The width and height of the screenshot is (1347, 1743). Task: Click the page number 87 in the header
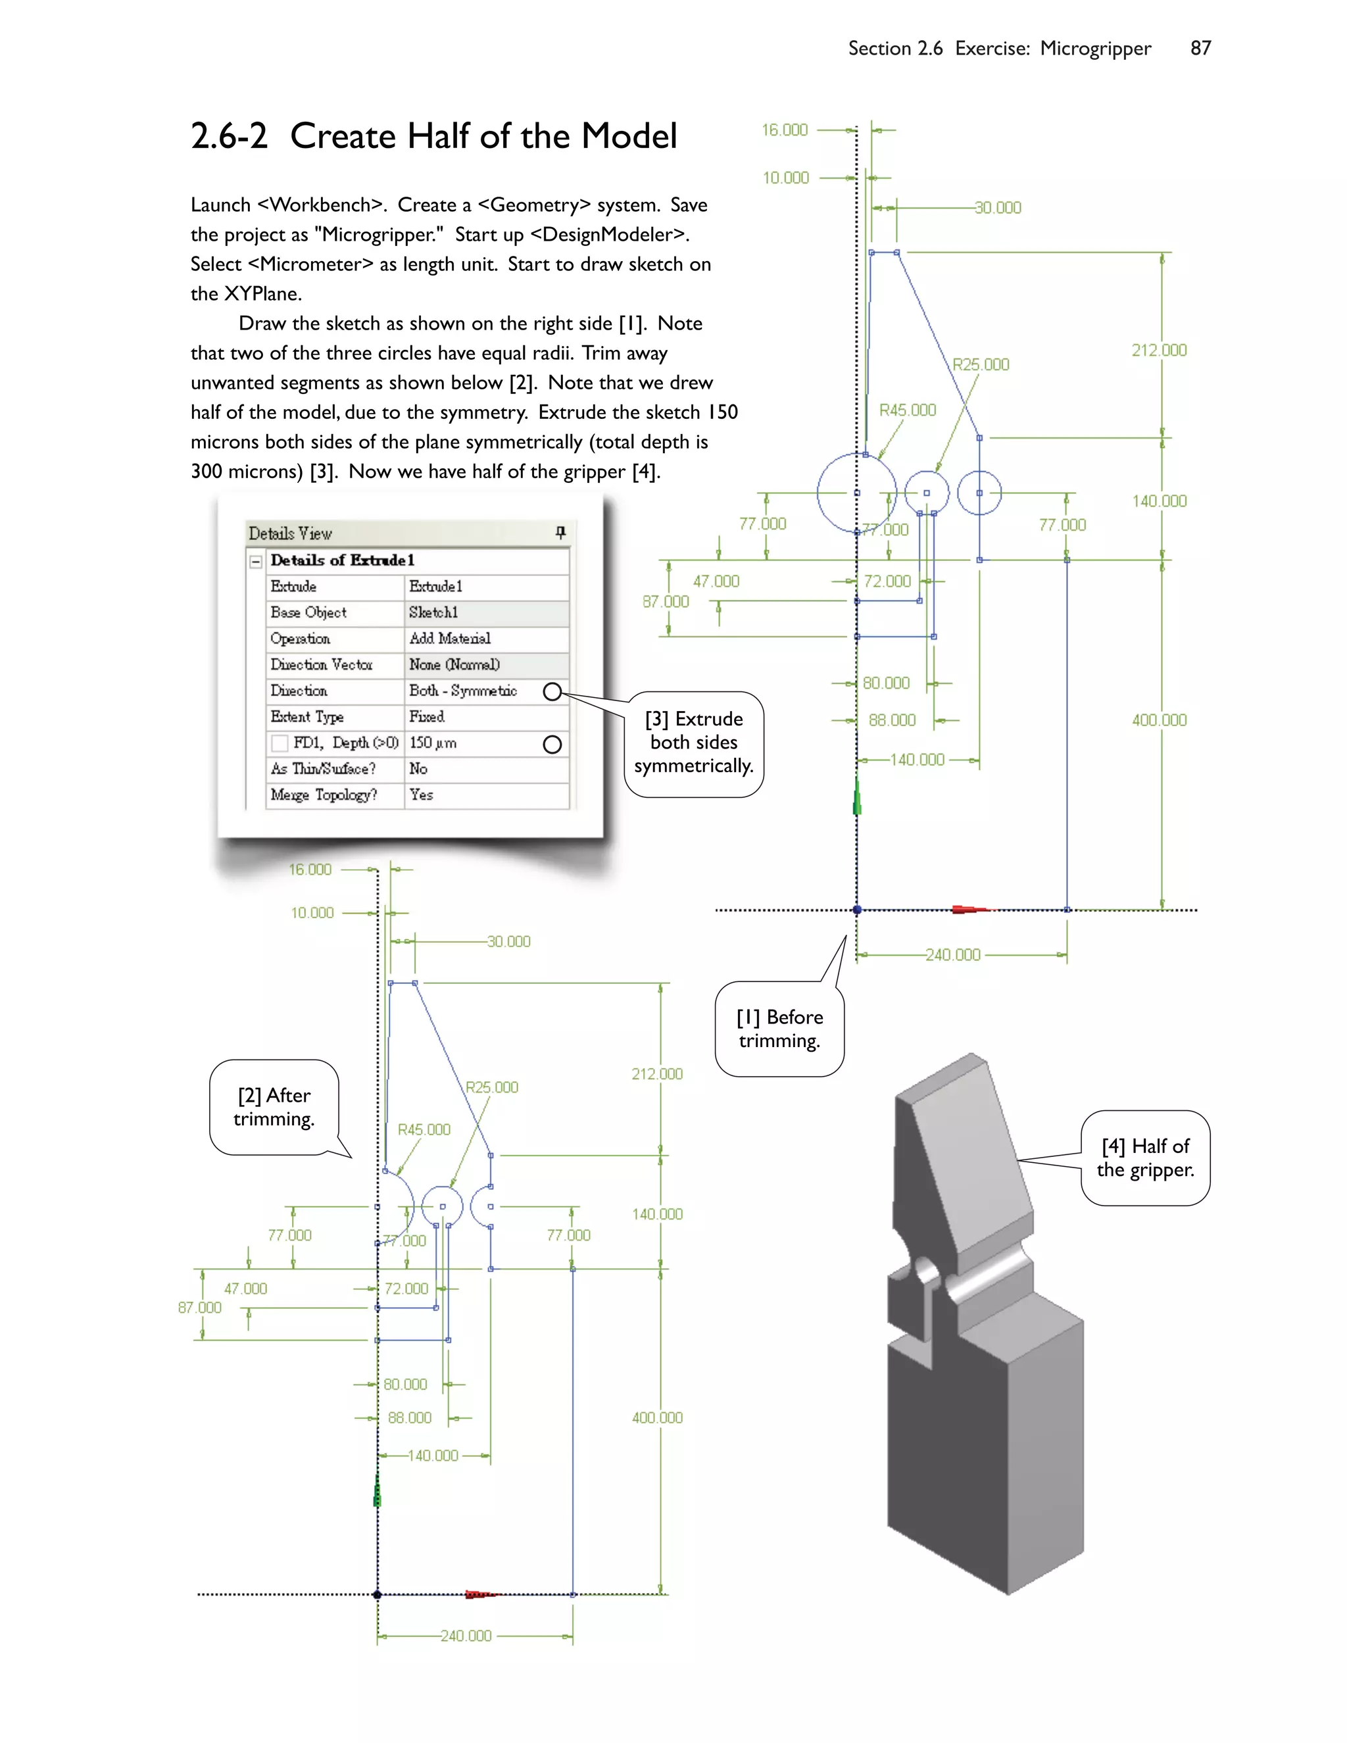click(1200, 49)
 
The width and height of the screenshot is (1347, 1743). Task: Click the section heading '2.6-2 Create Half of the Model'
click(433, 136)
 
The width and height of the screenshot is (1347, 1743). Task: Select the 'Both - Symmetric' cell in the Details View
click(463, 691)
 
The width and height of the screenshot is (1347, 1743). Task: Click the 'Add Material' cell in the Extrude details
click(449, 639)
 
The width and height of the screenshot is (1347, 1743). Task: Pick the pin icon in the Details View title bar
click(560, 532)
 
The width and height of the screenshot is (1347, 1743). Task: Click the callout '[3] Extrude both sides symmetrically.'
click(693, 743)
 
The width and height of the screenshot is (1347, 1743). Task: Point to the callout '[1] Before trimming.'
click(779, 1029)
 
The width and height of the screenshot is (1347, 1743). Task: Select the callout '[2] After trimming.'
click(274, 1107)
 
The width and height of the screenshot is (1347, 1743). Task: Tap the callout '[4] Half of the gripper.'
click(1145, 1158)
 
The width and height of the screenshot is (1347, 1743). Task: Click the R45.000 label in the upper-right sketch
click(907, 410)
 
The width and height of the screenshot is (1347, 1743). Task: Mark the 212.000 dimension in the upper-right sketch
click(1159, 351)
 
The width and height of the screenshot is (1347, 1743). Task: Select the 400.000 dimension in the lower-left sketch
click(657, 1418)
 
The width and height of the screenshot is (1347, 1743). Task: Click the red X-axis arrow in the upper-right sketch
click(968, 909)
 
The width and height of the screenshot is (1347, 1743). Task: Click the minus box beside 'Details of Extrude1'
click(256, 561)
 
